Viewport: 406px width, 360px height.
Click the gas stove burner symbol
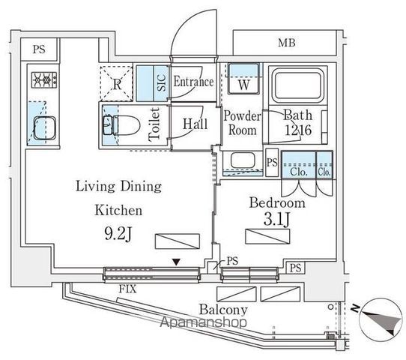44,79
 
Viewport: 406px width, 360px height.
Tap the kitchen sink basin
45,128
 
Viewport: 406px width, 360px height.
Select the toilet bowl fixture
121,125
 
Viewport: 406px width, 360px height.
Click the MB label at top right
287,43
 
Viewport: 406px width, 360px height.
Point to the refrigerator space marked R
117,83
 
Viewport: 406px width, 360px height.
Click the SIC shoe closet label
161,83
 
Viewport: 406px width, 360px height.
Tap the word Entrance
194,82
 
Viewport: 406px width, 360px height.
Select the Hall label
196,124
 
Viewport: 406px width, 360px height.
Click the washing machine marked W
243,79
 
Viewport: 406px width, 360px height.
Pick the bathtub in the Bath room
298,85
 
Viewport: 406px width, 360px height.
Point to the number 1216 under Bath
298,130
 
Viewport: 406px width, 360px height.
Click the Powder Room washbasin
243,160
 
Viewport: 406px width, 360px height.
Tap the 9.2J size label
118,233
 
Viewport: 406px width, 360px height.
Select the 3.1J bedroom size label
277,219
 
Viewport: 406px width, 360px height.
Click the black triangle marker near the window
176,262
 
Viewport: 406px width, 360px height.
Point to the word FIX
127,289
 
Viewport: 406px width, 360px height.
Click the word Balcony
223,310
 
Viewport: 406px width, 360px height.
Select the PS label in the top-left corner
39,49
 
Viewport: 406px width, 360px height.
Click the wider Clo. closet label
299,172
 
